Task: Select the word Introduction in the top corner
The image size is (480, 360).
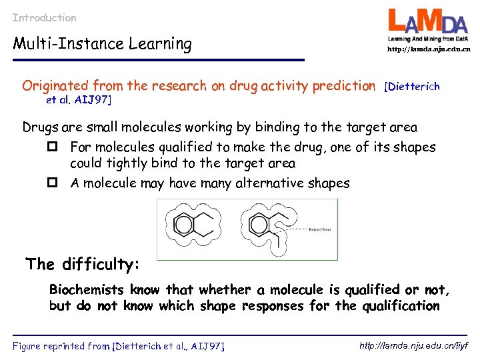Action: [x=45, y=18]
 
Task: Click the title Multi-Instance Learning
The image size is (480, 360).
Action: [x=103, y=44]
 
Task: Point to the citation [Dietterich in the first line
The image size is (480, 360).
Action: [x=412, y=87]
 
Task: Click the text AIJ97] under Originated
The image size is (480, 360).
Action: [x=96, y=100]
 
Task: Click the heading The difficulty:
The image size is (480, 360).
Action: [x=83, y=264]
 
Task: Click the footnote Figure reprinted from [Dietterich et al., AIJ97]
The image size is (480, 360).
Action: [x=119, y=345]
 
